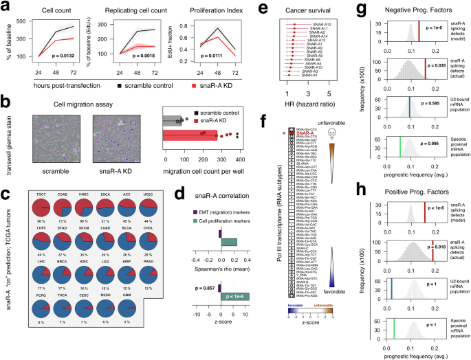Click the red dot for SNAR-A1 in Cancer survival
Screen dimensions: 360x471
pos(292,74)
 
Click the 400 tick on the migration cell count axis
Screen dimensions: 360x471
pos(245,157)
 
